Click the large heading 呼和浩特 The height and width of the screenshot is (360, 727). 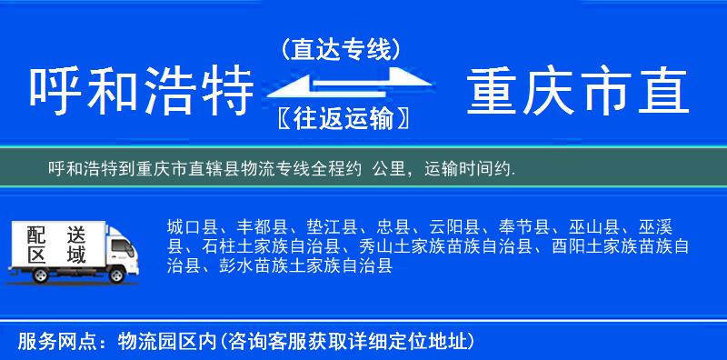(x=141, y=93)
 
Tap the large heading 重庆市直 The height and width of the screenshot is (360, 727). (x=578, y=93)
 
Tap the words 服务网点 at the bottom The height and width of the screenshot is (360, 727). (x=45, y=342)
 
